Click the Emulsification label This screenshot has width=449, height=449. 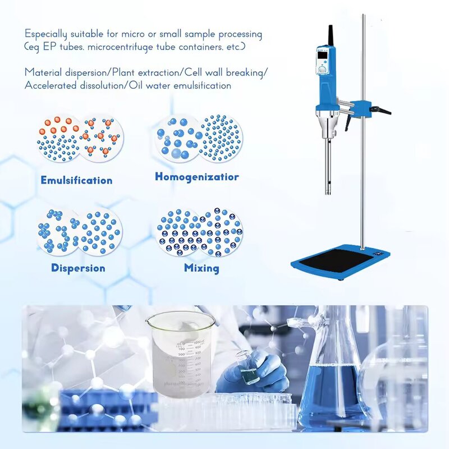[x=76, y=180]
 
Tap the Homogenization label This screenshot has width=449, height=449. [x=196, y=177]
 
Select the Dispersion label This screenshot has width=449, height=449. [x=78, y=268]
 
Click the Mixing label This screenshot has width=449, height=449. [x=201, y=268]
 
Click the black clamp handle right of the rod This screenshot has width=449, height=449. [x=383, y=111]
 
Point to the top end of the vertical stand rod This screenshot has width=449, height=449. [x=363, y=17]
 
